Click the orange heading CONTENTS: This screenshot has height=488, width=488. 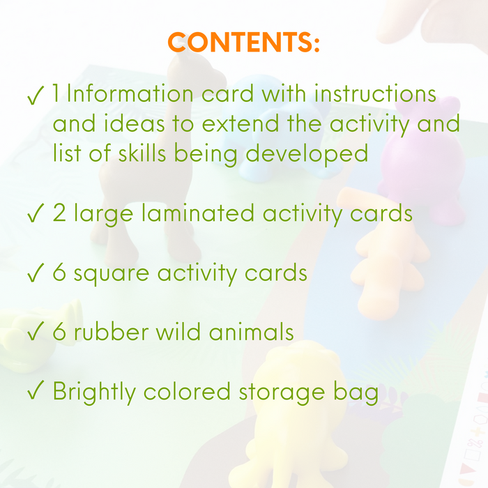click(x=244, y=43)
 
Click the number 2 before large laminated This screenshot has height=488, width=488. click(x=59, y=213)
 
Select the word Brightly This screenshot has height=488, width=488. click(x=94, y=392)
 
